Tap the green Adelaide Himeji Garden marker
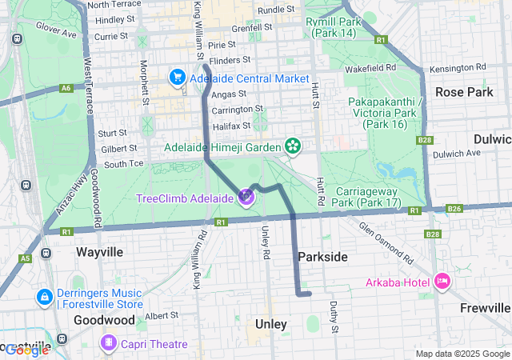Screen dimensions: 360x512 [x=294, y=146]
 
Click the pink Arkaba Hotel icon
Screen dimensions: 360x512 [x=442, y=281]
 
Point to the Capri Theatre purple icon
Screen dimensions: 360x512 [x=108, y=343]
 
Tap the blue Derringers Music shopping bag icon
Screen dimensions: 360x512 [x=44, y=297]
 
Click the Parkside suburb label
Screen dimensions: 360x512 [x=322, y=257]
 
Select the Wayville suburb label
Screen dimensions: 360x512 [x=99, y=251]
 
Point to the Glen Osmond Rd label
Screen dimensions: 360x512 [x=385, y=242]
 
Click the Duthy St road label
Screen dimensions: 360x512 [x=334, y=317]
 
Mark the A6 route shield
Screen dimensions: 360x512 [x=65, y=89]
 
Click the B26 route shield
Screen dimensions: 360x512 [x=454, y=209]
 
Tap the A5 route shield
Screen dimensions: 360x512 [x=26, y=258]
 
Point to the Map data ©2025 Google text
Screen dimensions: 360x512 [x=462, y=354]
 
